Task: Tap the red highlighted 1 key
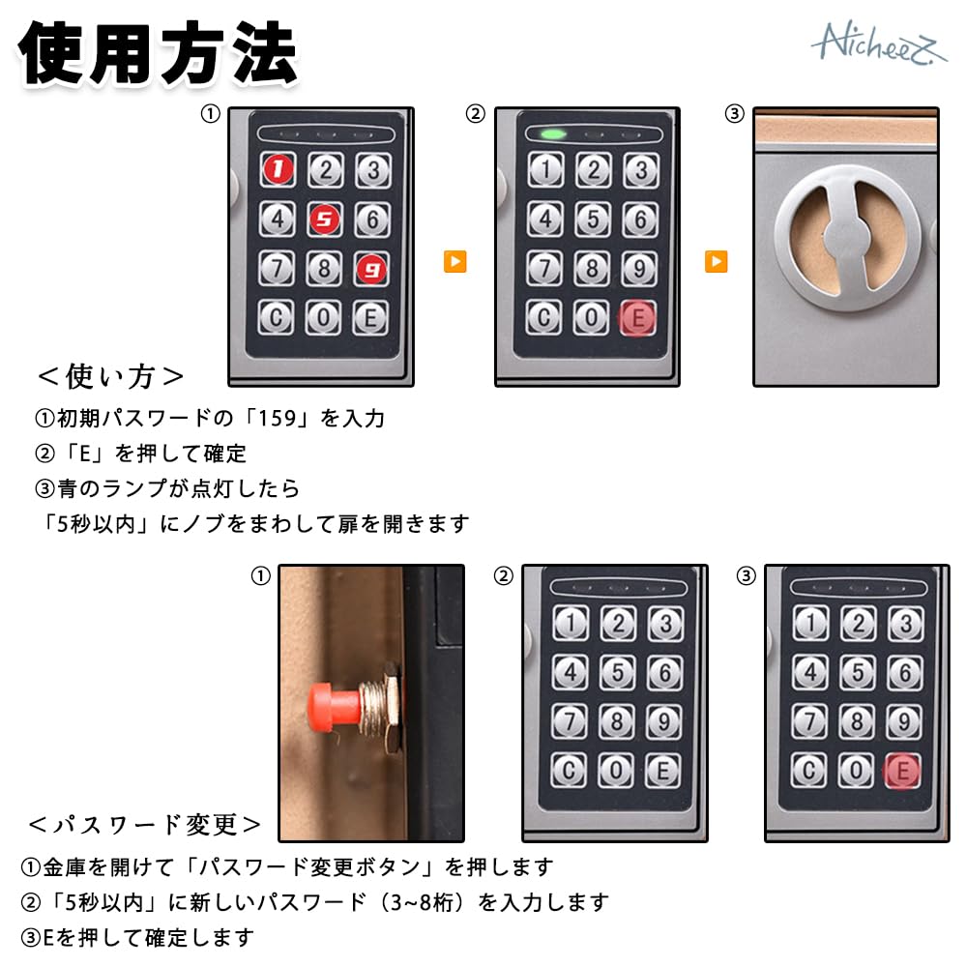click(278, 171)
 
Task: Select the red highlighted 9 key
click(371, 269)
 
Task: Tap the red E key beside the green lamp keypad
click(638, 318)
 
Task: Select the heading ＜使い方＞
click(110, 375)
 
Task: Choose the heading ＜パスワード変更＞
click(144, 824)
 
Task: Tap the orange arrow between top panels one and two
click(454, 261)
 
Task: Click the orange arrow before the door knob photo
click(716, 261)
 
